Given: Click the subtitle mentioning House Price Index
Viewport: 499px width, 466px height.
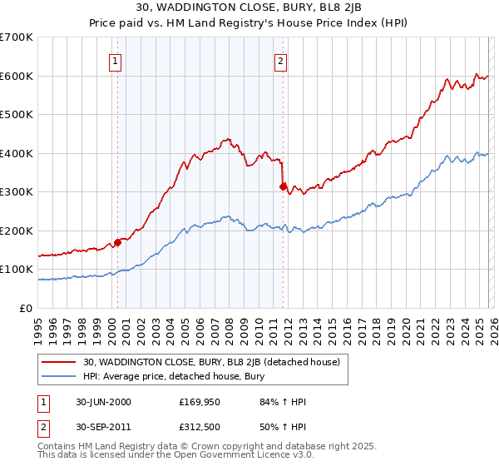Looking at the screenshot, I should coord(249,23).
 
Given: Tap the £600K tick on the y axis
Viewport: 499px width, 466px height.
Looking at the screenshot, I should coord(17,76).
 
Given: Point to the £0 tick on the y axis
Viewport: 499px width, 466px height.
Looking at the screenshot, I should coord(27,309).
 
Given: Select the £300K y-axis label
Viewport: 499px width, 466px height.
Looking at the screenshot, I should coord(17,192).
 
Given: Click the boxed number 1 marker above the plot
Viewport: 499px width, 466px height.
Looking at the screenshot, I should coord(115,60).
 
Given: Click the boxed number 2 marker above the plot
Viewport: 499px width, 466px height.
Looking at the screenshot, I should coord(281,60).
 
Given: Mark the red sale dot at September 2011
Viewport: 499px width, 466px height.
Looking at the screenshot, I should coord(284,187).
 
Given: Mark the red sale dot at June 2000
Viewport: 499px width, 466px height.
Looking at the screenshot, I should coord(118,242).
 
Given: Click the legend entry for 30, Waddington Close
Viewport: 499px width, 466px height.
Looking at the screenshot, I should coord(216,362).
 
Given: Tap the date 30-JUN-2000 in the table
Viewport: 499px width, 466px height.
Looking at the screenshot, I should coord(103,403).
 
